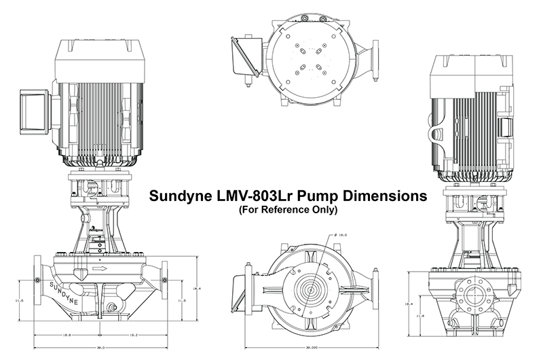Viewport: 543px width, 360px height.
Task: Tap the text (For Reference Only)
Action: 288,211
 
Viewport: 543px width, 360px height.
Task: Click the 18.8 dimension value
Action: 67,335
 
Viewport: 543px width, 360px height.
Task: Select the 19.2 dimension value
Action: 134,335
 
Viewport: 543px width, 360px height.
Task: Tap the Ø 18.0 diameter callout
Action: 342,235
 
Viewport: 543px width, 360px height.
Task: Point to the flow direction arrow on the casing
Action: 100,269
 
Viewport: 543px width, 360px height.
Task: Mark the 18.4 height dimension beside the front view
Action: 196,289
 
